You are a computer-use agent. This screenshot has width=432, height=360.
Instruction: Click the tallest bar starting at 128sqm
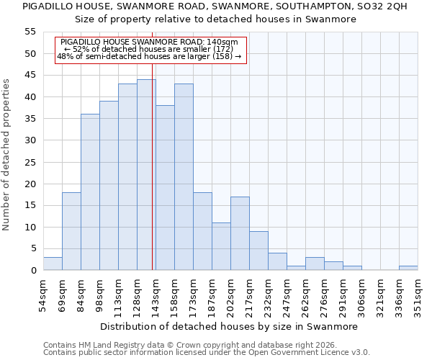[146, 175]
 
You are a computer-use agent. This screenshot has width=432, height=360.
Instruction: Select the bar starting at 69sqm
[71, 231]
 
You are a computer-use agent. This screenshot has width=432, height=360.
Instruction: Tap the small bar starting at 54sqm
[53, 264]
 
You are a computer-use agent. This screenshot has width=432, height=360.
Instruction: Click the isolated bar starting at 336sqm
[408, 268]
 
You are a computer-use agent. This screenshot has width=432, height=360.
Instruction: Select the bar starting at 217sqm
[258, 251]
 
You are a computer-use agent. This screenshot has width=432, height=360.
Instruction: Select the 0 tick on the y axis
[32, 271]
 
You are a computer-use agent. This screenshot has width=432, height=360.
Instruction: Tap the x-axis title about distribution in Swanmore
[229, 326]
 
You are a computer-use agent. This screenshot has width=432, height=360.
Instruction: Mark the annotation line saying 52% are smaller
[150, 49]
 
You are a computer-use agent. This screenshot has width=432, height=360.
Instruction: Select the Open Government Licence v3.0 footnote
[207, 352]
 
